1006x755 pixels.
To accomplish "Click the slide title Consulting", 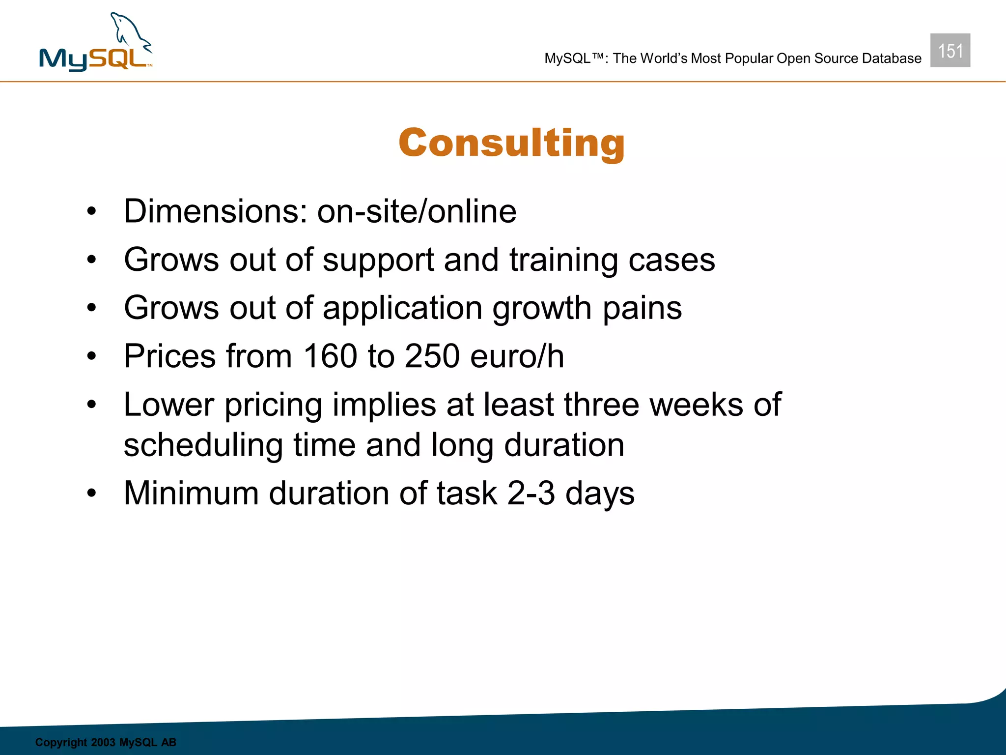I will [511, 143].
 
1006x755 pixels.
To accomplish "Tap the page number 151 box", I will [950, 51].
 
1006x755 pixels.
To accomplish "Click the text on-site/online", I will [417, 211].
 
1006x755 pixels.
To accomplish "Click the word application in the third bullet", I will [402, 308].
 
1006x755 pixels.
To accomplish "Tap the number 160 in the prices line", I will [330, 356].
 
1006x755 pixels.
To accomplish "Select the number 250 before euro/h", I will [432, 356].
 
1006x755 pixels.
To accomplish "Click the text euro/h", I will [517, 356].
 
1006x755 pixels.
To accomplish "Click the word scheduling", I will [203, 445].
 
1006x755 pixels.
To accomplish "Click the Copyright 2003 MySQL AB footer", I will [106, 742].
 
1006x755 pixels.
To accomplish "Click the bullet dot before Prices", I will [91, 356].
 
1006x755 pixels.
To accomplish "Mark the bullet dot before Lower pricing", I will [91, 405].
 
